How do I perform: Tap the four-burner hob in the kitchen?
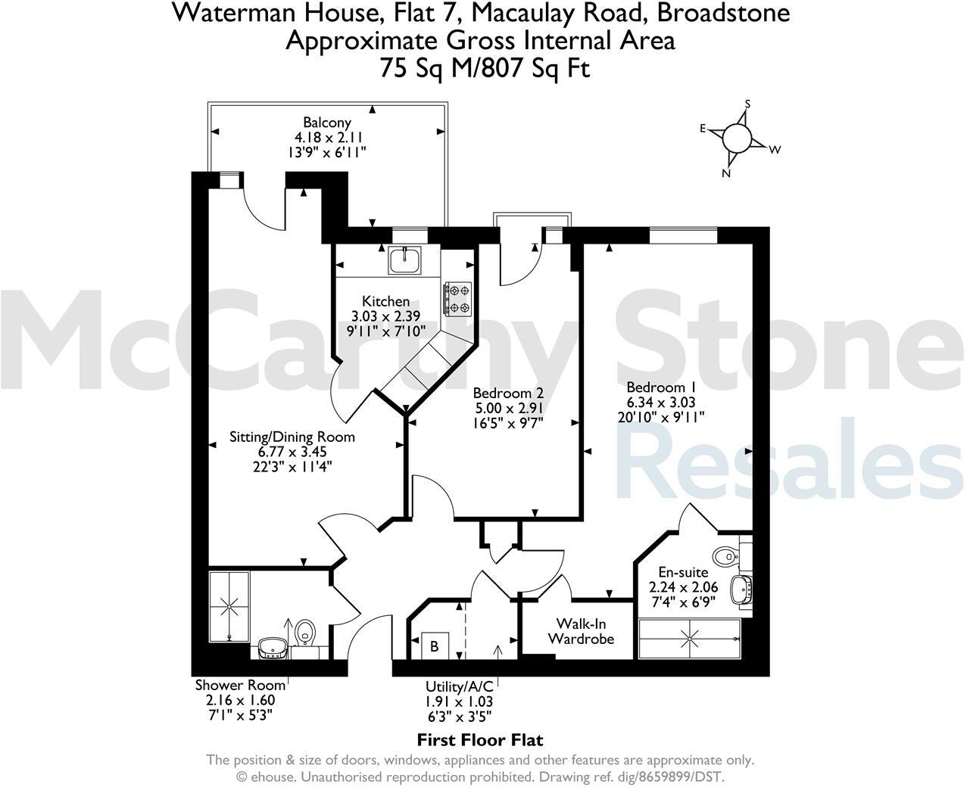(x=457, y=298)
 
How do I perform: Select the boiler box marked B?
(x=434, y=646)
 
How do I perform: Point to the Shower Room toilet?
(x=305, y=633)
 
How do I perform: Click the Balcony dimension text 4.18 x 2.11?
(x=329, y=138)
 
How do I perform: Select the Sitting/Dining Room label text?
(x=292, y=437)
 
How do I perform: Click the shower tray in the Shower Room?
(x=229, y=606)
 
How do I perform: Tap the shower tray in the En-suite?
(x=690, y=638)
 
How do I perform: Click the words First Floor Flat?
(x=480, y=740)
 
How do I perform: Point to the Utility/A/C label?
(x=459, y=686)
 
